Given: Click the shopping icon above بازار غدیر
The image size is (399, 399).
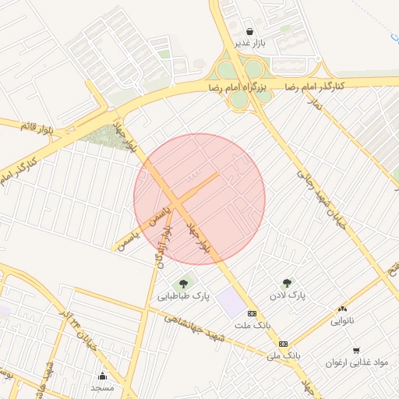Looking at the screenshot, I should pyautogui.click(x=249, y=32).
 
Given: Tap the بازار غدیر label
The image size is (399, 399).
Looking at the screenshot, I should pyautogui.click(x=252, y=44).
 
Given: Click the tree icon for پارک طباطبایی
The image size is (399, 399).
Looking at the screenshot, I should pyautogui.click(x=184, y=284).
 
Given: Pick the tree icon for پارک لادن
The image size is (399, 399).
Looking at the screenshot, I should pyautogui.click(x=287, y=284).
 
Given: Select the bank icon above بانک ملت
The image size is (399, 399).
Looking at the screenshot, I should pyautogui.click(x=251, y=312).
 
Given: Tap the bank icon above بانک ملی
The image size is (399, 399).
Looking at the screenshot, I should pyautogui.click(x=283, y=343).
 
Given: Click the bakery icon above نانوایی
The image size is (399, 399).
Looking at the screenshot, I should pyautogui.click(x=342, y=309).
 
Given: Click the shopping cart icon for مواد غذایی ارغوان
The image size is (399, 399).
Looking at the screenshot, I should pyautogui.click(x=356, y=351).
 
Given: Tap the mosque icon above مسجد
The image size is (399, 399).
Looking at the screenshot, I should pyautogui.click(x=102, y=376).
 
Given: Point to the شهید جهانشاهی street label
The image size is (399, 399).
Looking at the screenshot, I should pyautogui.click(x=195, y=327).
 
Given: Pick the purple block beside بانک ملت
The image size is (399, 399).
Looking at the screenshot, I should pyautogui.click(x=230, y=302).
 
